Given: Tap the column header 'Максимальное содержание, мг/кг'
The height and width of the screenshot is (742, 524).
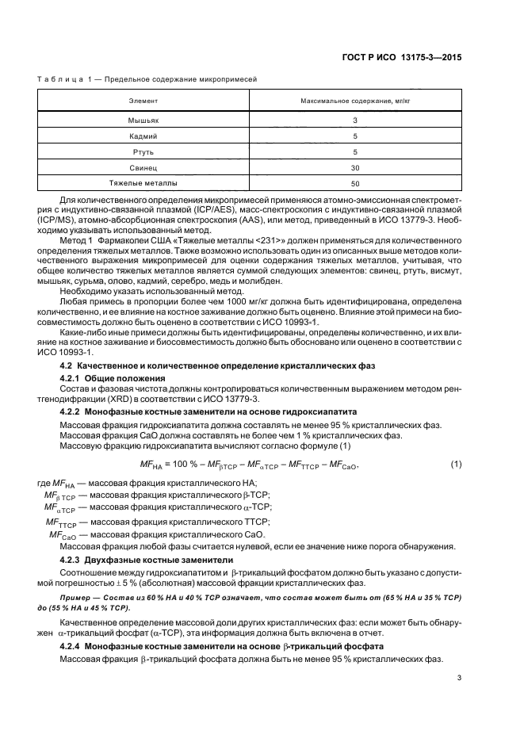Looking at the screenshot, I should click(x=355, y=102).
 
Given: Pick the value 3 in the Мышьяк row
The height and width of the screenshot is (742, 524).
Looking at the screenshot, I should click(x=355, y=120).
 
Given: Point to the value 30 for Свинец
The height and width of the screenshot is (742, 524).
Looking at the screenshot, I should click(x=355, y=167).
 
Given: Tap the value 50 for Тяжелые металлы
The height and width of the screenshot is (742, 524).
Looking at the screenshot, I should click(x=355, y=183).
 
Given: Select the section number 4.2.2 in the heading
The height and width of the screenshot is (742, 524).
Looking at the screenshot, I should click(x=73, y=412).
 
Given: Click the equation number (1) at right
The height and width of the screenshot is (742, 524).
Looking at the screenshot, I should click(x=456, y=464).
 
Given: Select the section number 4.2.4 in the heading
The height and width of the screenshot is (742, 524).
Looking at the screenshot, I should click(x=73, y=646).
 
